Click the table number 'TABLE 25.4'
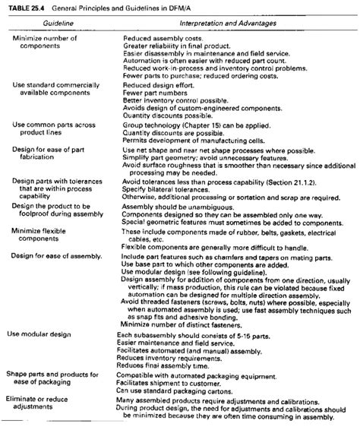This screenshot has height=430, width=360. pyautogui.click(x=24, y=7)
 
